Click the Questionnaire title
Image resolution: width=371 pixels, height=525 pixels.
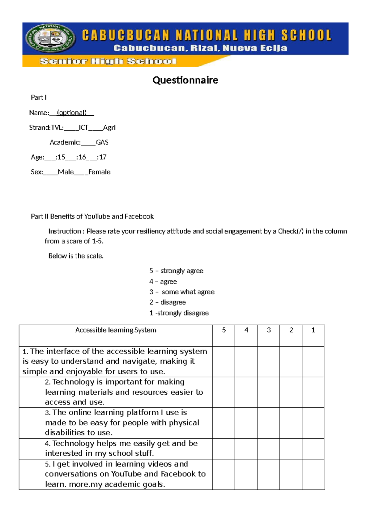click(x=185, y=80)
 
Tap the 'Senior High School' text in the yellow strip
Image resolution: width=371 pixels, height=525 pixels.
click(x=108, y=61)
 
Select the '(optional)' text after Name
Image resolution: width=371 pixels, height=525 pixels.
click(x=71, y=113)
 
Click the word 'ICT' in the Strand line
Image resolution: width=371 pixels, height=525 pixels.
click(x=83, y=128)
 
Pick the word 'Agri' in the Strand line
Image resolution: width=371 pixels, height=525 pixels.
click(x=109, y=128)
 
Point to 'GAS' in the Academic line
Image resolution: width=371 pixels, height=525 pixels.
click(x=102, y=142)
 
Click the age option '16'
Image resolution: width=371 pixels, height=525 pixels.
click(x=82, y=157)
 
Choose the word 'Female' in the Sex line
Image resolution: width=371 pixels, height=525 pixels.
click(x=99, y=172)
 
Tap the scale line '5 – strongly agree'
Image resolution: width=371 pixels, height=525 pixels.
click(x=176, y=271)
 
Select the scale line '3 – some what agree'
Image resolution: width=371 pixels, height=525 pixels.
click(x=182, y=292)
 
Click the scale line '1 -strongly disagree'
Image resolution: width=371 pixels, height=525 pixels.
click(x=179, y=313)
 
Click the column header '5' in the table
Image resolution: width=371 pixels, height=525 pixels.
click(x=224, y=330)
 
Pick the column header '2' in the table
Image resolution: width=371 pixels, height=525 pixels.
click(x=291, y=330)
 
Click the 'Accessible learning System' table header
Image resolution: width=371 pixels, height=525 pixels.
click(x=116, y=330)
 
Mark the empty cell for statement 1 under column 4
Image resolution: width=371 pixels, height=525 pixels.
click(x=246, y=362)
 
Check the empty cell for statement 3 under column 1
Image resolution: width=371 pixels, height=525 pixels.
click(x=313, y=423)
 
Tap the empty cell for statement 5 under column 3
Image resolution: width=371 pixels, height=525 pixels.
click(x=268, y=474)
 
